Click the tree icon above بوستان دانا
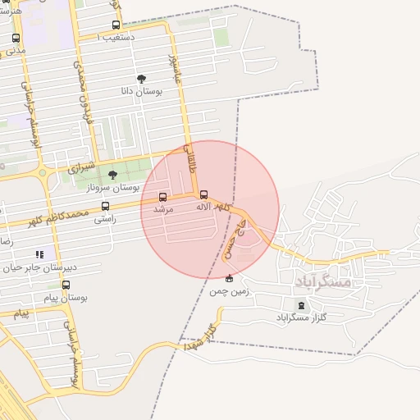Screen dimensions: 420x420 tap(142, 79)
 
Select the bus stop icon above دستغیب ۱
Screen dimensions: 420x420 tap(116, 25)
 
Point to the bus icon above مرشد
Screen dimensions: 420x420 tap(162, 197)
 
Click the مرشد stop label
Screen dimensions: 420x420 tap(163, 210)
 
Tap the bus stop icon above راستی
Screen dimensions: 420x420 tap(104, 207)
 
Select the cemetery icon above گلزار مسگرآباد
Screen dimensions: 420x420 tap(301, 305)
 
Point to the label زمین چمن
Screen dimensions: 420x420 tap(229, 291)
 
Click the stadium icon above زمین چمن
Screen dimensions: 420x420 tap(229, 278)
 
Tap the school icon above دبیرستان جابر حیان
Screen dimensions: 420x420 tap(40, 254)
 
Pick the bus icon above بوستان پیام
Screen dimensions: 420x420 tap(66, 285)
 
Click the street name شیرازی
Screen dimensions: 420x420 tap(74, 169)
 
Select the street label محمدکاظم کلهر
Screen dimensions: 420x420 tap(57, 218)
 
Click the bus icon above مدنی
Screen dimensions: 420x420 tap(16, 38)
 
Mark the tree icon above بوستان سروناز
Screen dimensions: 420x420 tap(112, 175)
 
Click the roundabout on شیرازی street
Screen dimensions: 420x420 tap(41, 172)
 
